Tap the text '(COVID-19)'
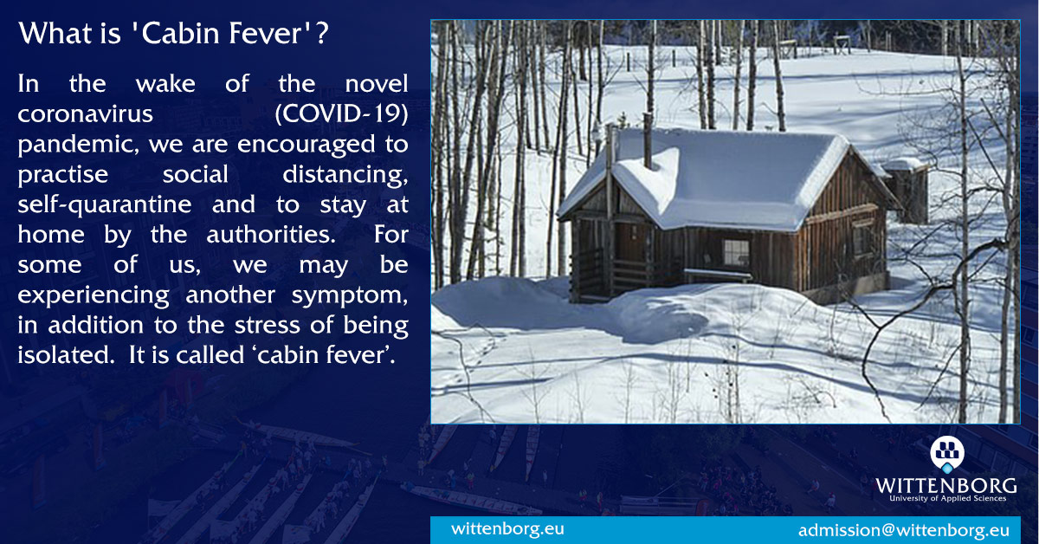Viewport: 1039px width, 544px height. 341,113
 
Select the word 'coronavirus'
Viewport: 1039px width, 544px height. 86,114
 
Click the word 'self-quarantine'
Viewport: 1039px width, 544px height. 105,205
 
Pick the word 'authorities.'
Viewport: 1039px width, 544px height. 271,235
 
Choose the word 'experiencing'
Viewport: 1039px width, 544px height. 94,295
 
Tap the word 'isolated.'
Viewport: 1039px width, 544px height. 66,355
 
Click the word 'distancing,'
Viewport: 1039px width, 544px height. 345,175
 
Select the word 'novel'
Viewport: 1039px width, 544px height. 377,84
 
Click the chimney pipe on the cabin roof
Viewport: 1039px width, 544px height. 648,140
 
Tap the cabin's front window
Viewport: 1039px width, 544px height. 736,253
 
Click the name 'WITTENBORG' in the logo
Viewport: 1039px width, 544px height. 946,486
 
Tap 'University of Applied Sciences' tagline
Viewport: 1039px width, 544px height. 947,498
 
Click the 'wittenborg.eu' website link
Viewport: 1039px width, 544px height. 507,528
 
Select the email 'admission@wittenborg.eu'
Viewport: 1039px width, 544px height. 904,530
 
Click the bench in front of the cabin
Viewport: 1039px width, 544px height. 718,275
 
